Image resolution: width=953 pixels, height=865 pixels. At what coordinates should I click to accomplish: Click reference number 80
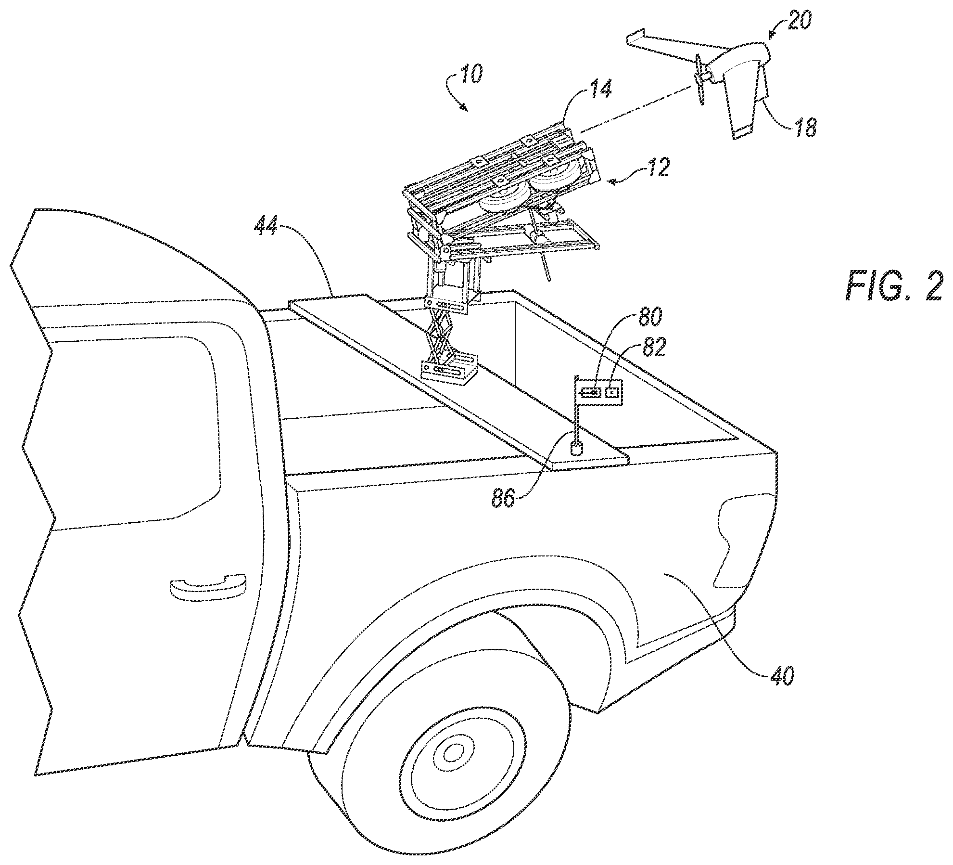pyautogui.click(x=648, y=316)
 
